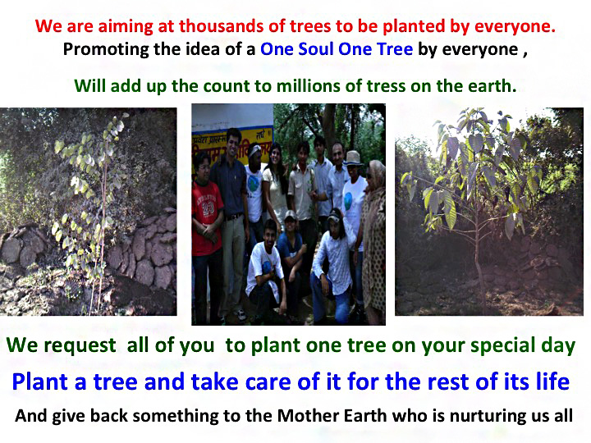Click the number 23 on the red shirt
(208, 207)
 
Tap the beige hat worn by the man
(353, 158)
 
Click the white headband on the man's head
(255, 151)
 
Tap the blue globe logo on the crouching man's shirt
(268, 267)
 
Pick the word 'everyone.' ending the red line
(515, 26)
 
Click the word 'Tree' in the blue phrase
(395, 49)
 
